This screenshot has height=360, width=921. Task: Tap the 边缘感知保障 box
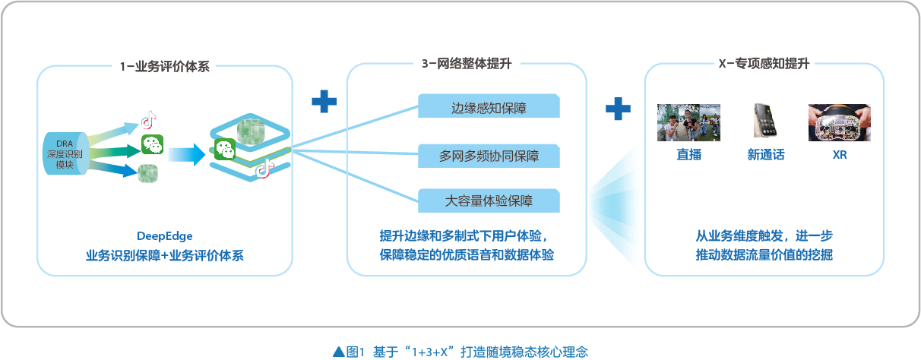coord(489,106)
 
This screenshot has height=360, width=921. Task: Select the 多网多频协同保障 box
coord(489,156)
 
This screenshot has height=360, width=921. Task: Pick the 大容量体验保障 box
coord(489,201)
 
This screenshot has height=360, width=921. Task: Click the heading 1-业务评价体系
coord(164,66)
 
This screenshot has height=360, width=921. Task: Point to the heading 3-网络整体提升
coord(467,64)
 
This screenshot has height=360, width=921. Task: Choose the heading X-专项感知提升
coord(764,64)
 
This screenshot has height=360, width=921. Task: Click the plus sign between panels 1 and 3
coord(324,101)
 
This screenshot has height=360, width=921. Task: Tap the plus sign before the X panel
coord(618,109)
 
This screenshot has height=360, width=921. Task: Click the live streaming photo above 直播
coord(688,122)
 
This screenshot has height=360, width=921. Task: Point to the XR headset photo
coord(840,122)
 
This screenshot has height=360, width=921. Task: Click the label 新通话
coord(765,154)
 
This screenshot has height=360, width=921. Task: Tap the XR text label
coord(840,155)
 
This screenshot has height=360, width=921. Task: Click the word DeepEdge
coord(164,236)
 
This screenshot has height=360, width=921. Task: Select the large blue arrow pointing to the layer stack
coord(187,154)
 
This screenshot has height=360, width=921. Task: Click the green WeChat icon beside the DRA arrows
coord(152,144)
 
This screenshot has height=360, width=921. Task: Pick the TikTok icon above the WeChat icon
coord(148,119)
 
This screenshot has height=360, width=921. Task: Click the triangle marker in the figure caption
coord(338,352)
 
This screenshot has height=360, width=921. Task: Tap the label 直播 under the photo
coord(688,154)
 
